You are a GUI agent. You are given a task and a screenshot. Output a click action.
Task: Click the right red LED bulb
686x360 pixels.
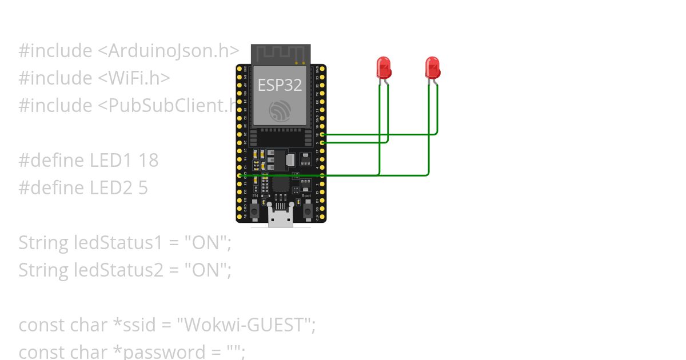point(433,67)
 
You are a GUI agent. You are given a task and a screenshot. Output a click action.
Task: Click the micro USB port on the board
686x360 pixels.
point(281,219)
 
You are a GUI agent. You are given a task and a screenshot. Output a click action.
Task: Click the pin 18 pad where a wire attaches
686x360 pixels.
point(322,134)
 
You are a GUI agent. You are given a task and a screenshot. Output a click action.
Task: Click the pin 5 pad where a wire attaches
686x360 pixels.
point(322,142)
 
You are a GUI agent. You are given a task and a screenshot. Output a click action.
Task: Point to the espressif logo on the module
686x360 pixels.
point(280,110)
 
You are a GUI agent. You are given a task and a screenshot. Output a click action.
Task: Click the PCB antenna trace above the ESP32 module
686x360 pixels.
point(280,54)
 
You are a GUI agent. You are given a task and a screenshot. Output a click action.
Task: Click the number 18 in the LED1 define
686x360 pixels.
point(148,161)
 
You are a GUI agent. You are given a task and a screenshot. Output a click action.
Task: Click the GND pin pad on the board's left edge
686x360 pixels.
point(240,175)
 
